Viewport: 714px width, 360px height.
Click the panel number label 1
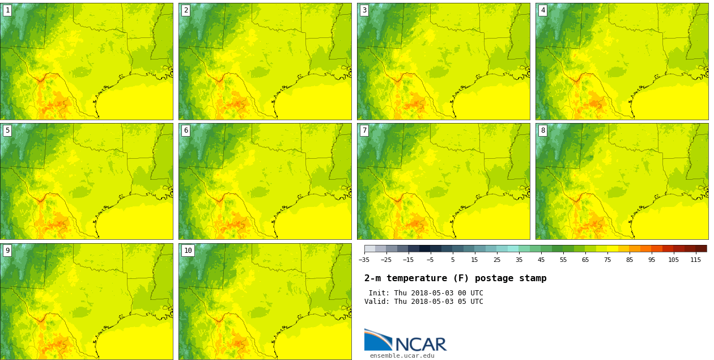(x=7, y=10)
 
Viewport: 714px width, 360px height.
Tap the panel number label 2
(x=186, y=10)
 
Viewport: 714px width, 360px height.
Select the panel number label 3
(x=364, y=10)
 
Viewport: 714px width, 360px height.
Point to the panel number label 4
(x=543, y=10)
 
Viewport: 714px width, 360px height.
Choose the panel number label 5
(x=7, y=130)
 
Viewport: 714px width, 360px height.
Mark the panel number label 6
(x=186, y=130)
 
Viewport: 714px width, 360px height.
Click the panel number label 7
(x=364, y=130)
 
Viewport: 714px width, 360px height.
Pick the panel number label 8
(x=543, y=130)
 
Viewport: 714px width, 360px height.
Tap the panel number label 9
(x=7, y=251)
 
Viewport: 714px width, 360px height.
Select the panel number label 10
(x=188, y=251)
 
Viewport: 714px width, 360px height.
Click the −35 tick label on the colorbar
(x=364, y=260)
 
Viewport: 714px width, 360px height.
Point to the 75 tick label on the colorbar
(x=607, y=260)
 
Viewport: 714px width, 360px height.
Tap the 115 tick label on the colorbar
(x=695, y=260)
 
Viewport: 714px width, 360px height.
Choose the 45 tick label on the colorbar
(x=541, y=260)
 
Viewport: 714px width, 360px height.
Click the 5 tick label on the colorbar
(x=452, y=260)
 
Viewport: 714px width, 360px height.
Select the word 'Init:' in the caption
(x=379, y=293)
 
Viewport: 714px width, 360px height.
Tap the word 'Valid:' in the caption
(x=377, y=302)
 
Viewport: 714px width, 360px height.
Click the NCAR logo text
(x=420, y=344)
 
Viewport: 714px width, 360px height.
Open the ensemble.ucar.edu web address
(x=402, y=356)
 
